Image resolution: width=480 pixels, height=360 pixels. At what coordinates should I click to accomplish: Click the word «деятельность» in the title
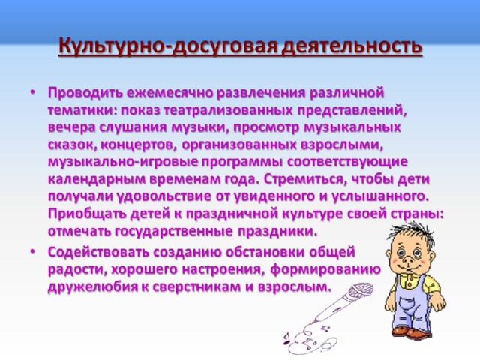tap(352, 47)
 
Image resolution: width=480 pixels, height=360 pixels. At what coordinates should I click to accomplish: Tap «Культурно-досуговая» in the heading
tap(168, 47)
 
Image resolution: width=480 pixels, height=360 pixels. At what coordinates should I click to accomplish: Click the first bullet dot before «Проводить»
tap(33, 92)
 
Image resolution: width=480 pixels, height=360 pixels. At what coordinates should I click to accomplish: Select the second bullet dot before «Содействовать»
tap(33, 252)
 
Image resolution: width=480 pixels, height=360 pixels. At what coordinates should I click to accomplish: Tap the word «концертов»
tap(139, 145)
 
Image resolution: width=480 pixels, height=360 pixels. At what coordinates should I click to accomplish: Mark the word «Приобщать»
tap(87, 214)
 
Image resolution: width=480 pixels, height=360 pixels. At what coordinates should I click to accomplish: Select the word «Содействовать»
tap(98, 252)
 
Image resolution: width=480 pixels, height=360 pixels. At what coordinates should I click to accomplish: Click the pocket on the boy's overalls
tap(406, 304)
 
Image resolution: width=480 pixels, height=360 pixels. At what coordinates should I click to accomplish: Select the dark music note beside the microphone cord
tap(286, 337)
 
